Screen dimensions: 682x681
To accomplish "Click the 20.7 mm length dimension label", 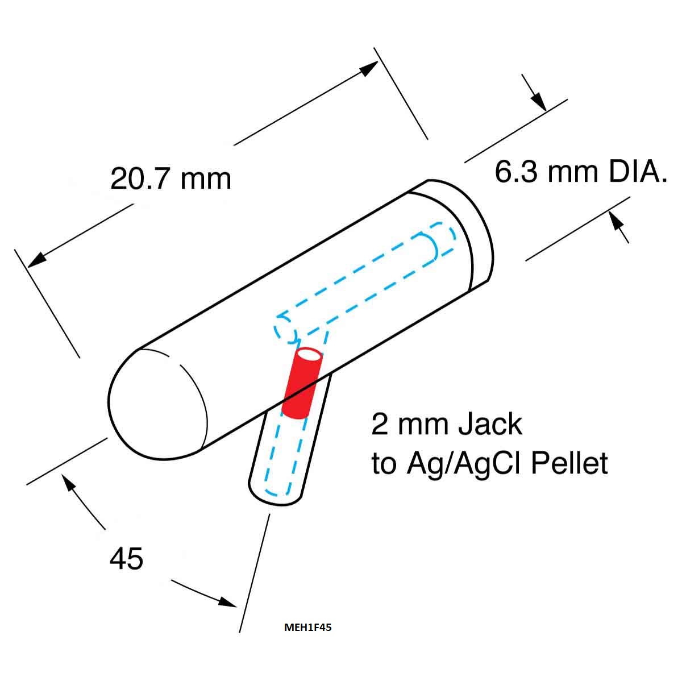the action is pos(170,179).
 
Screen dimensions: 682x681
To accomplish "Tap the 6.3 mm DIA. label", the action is pos(581,172).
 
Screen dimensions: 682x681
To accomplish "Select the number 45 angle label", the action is pos(126,558).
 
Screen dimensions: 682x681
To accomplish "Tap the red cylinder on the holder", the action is pos(302,383).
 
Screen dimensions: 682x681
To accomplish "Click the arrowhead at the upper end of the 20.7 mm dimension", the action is pos(368,68).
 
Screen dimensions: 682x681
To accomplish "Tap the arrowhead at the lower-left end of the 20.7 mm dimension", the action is pos(37,260).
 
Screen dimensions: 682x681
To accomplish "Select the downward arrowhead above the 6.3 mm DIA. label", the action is pos(538,102).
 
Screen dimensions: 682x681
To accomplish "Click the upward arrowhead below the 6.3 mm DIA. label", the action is pos(617,221).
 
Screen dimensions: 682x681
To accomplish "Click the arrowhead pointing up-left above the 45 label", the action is pos(69,483).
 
